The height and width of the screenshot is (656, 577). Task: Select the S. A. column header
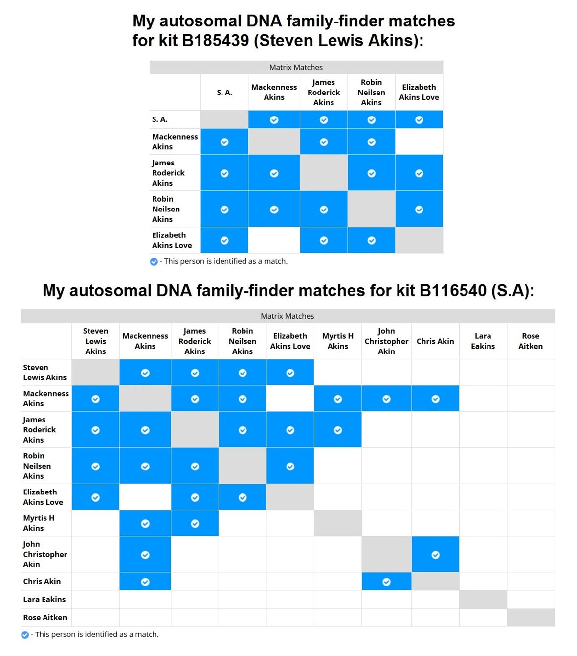(x=224, y=92)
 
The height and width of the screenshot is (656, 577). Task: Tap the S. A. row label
(x=160, y=119)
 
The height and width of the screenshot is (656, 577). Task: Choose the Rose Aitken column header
(x=531, y=341)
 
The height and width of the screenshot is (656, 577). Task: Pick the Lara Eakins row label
(x=44, y=599)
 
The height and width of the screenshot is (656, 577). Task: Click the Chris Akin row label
(x=42, y=581)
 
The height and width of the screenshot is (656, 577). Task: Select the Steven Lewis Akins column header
(x=95, y=341)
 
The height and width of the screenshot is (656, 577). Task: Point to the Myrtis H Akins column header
(x=338, y=341)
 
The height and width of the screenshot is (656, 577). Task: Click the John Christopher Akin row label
(x=45, y=554)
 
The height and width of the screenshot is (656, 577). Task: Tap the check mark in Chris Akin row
(x=145, y=582)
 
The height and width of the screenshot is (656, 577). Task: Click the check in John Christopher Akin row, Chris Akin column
(x=435, y=555)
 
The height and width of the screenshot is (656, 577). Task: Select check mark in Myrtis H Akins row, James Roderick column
(x=195, y=524)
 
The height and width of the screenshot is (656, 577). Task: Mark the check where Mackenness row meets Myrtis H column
(x=338, y=399)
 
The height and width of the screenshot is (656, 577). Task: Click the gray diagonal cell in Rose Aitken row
(x=531, y=617)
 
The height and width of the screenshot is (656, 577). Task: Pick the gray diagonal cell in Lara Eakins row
(x=483, y=599)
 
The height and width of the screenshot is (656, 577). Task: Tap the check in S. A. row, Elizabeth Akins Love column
(x=419, y=120)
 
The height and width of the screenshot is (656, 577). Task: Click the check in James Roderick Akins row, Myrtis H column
(x=338, y=430)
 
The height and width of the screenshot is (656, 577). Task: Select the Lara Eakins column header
(x=483, y=341)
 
